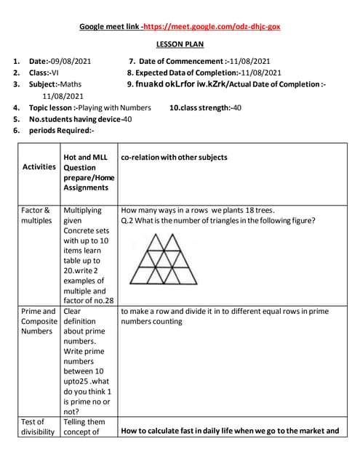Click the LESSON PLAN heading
(x=180, y=44)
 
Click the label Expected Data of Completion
(x=182, y=73)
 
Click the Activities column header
(x=39, y=166)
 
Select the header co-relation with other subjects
(x=174, y=157)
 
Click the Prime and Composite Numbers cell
(x=39, y=321)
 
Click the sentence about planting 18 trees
(x=203, y=210)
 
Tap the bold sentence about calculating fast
(x=230, y=431)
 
